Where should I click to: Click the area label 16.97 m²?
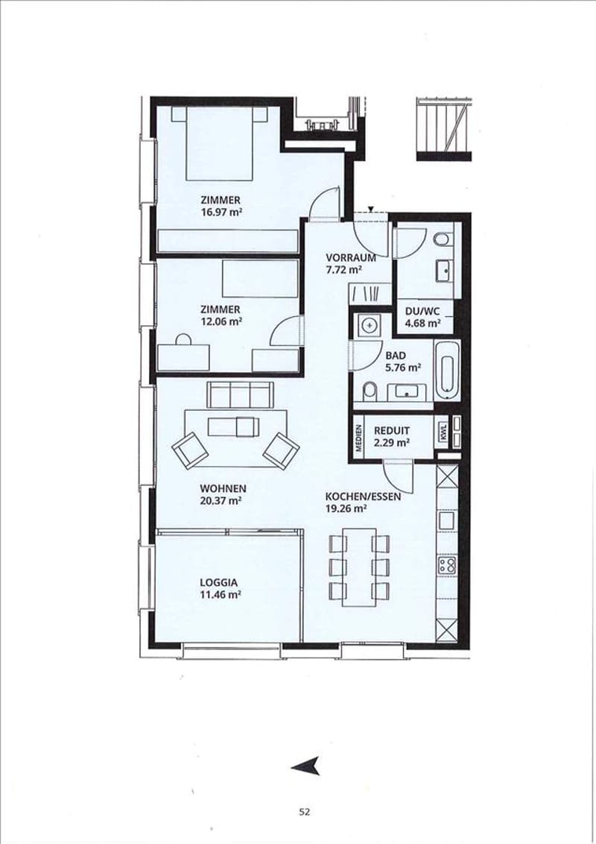(221, 212)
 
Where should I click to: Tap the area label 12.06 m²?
(221, 322)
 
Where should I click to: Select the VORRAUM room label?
(351, 258)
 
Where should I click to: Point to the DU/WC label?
(422, 311)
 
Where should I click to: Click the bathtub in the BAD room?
(448, 369)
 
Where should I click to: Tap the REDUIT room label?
(392, 431)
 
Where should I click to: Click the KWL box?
(443, 432)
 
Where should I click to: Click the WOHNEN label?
(223, 489)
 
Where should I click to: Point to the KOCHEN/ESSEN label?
(363, 497)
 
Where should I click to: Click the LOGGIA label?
(218, 582)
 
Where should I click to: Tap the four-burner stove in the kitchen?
(447, 564)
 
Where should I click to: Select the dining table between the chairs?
(358, 567)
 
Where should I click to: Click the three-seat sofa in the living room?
(240, 394)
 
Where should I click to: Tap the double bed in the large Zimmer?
(220, 143)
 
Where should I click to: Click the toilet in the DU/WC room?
(443, 239)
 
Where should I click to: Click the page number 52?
(305, 812)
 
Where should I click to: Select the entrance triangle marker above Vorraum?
(370, 209)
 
